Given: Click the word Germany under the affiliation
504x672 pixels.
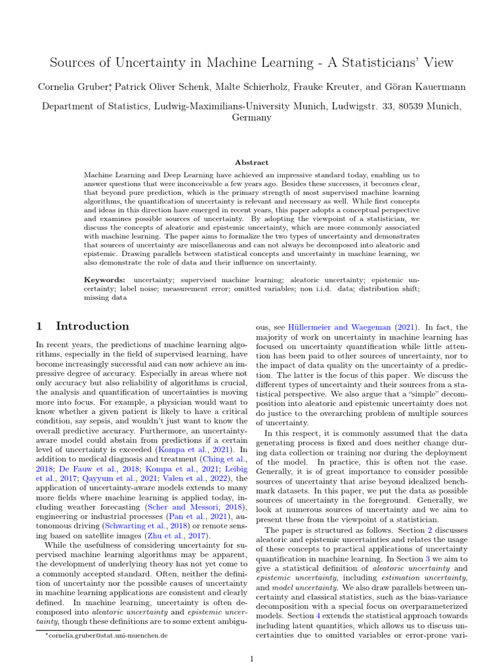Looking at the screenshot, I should click(x=251, y=117).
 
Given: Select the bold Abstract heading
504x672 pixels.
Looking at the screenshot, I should click(x=251, y=162).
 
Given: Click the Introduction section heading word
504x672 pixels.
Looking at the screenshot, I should click(x=93, y=326).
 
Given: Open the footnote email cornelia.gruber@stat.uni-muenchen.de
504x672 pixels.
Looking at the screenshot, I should click(x=106, y=635).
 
